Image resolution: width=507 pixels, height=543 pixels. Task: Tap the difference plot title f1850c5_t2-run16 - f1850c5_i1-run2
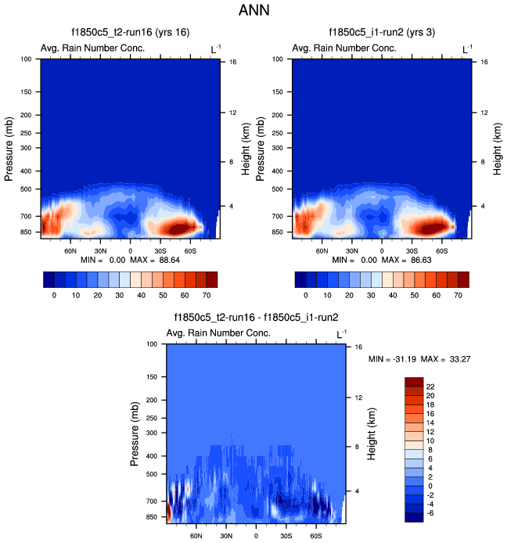point(256,317)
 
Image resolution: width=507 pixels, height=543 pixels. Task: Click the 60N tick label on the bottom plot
point(196,537)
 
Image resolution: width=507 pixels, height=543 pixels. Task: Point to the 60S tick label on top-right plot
point(441,251)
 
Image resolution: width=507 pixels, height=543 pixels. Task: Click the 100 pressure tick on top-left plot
point(27,59)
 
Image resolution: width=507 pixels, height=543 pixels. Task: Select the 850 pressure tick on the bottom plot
point(153,517)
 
